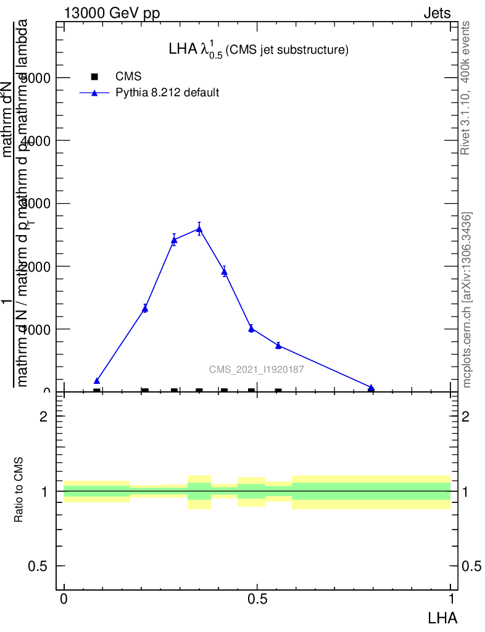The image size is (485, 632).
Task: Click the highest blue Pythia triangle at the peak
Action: pyautogui.click(x=199, y=229)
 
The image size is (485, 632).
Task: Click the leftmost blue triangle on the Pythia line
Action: pyautogui.click(x=97, y=381)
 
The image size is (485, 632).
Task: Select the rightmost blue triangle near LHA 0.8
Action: pyautogui.click(x=371, y=388)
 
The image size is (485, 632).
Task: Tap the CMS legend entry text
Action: pyautogui.click(x=128, y=77)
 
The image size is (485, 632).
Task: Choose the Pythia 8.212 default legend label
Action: pyautogui.click(x=167, y=93)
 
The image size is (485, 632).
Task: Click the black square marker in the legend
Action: pyautogui.click(x=94, y=77)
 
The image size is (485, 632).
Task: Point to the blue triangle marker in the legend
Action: pyautogui.click(x=94, y=93)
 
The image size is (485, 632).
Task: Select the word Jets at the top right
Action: pyautogui.click(x=436, y=14)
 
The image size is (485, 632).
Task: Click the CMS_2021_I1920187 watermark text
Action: pyautogui.click(x=256, y=370)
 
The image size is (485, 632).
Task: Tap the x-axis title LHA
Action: pyautogui.click(x=442, y=617)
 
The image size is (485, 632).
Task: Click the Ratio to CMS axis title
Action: pyautogui.click(x=19, y=491)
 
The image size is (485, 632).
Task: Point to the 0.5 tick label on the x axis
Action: pyautogui.click(x=257, y=599)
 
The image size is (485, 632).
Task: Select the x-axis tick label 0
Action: pyautogui.click(x=64, y=599)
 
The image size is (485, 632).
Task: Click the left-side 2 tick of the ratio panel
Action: pyautogui.click(x=44, y=417)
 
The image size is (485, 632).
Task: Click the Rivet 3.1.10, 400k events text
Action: pyautogui.click(x=466, y=88)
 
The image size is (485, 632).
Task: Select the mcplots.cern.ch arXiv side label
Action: pyautogui.click(x=466, y=300)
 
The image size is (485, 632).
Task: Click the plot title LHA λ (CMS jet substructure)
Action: pyautogui.click(x=259, y=50)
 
